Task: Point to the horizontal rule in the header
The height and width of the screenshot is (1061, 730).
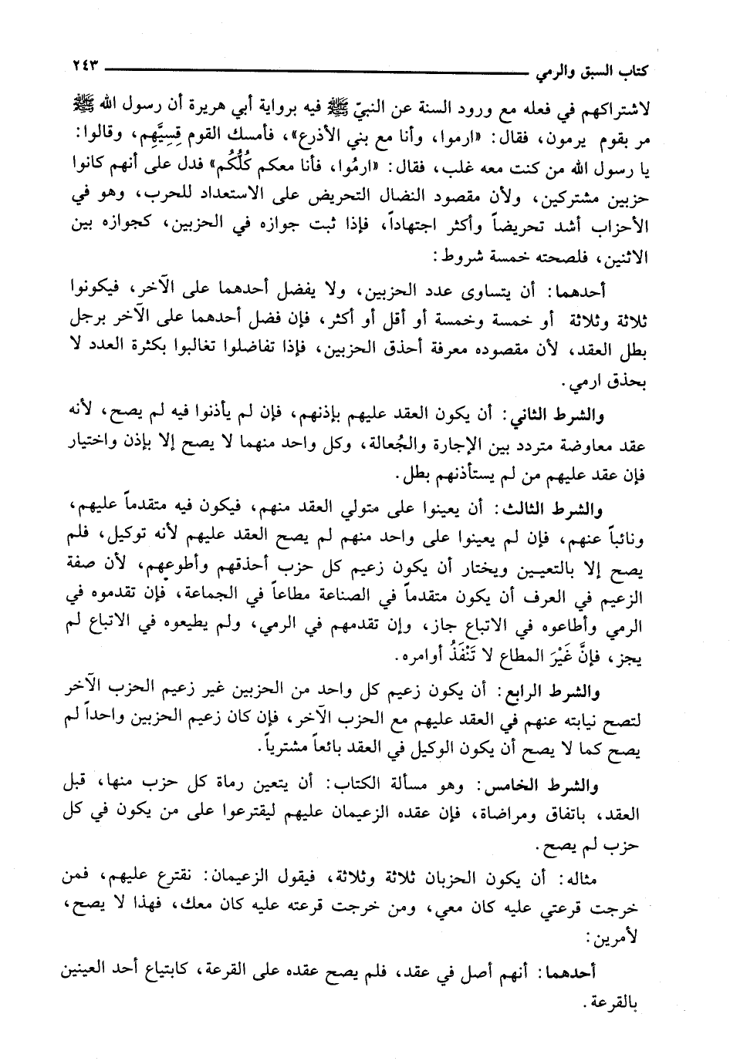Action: click(316, 69)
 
